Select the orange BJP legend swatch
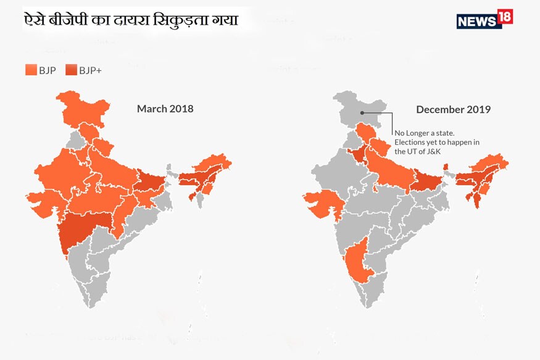pos(31,70)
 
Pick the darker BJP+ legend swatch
pos(71,70)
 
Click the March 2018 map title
pos(165,109)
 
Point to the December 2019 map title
pos(453,109)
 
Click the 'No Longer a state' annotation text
pos(425,133)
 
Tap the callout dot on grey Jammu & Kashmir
pos(363,113)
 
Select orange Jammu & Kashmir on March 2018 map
pos(83,109)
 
